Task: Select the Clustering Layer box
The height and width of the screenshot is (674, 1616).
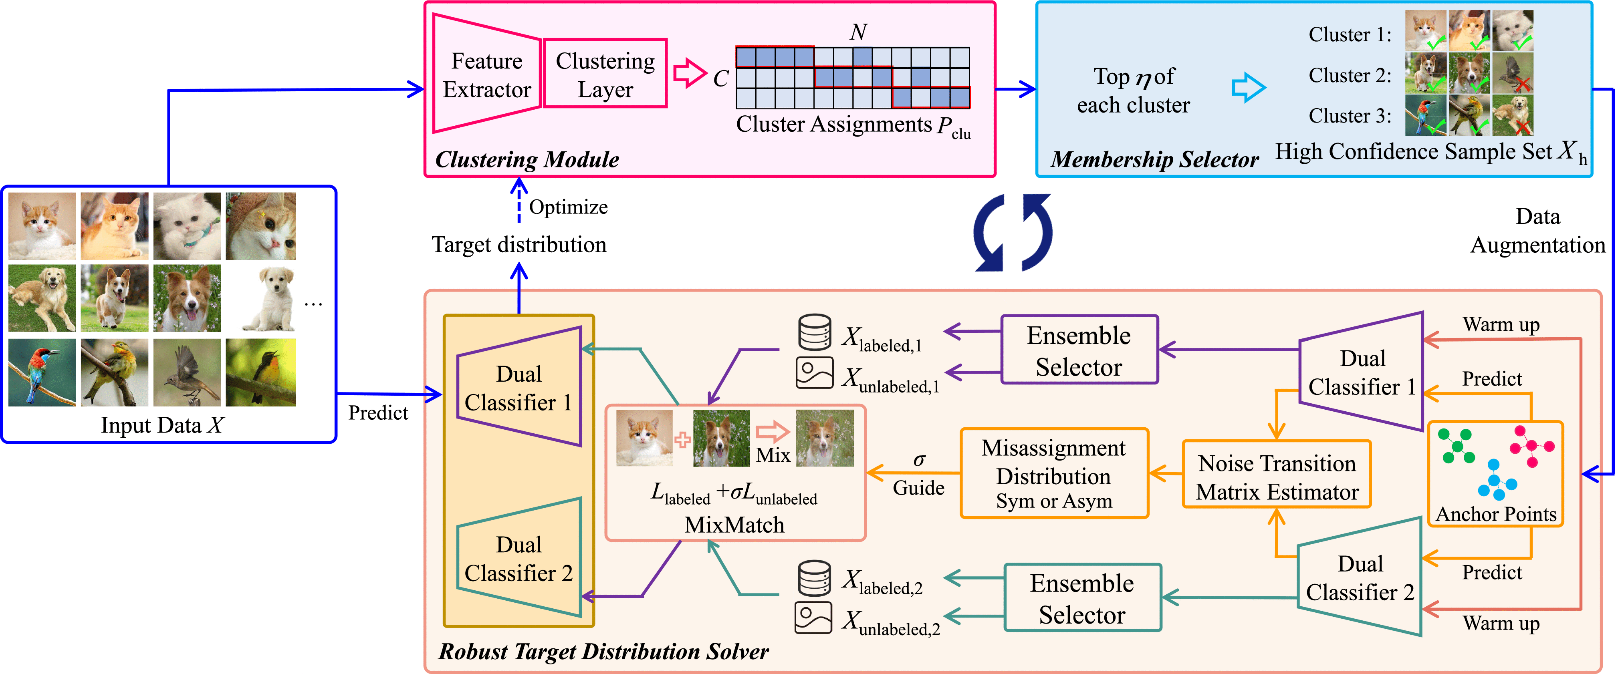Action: point(605,74)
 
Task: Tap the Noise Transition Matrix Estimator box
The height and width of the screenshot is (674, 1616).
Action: point(1277,477)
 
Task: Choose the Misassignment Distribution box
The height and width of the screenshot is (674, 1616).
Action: point(1054,473)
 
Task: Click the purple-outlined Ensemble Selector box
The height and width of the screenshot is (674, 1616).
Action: point(1079,350)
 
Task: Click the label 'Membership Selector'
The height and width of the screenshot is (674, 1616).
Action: point(1154,159)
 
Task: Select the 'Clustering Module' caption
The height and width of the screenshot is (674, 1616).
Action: point(527,159)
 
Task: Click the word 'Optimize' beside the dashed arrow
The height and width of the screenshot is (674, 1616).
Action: point(568,207)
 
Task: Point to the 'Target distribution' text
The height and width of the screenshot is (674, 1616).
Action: point(519,245)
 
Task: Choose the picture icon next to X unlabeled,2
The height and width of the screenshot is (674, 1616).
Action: point(813,618)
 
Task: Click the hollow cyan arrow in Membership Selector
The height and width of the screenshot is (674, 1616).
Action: point(1249,88)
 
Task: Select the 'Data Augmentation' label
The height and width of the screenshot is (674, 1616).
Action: point(1537,231)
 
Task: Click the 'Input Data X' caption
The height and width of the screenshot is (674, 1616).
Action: point(162,425)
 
